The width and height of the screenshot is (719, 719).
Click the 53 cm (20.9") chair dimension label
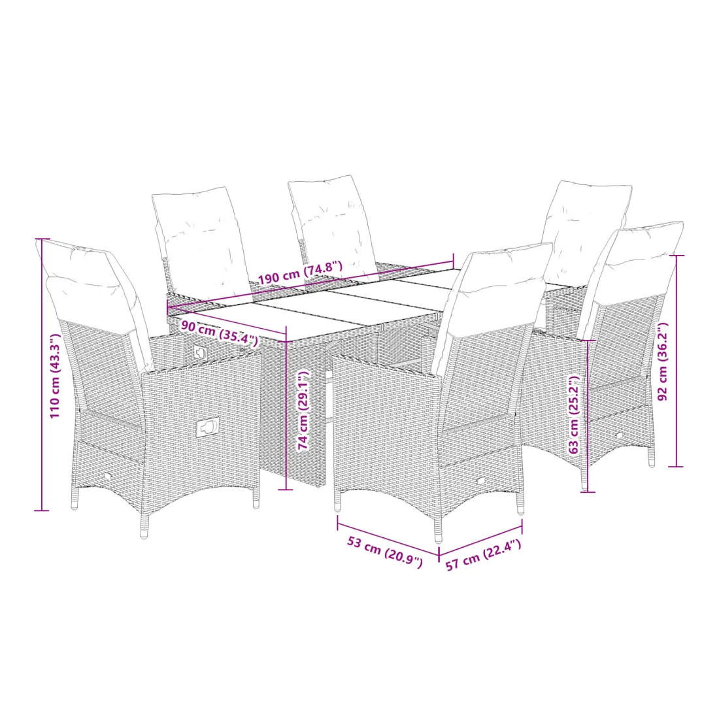tap(384, 552)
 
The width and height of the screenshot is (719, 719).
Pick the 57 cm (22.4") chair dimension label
tap(483, 555)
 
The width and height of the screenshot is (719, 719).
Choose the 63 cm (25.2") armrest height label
tap(574, 414)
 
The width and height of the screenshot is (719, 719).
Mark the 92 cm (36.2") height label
tap(663, 361)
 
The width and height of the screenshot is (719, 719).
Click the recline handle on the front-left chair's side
tap(208, 428)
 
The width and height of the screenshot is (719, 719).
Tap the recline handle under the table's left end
tap(200, 352)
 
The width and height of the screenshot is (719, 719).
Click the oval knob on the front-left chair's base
tap(107, 477)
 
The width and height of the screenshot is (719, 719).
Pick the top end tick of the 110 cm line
tap(42, 239)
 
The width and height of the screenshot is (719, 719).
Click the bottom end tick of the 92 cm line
tap(676, 466)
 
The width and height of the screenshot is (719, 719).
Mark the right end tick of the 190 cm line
tap(454, 261)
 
